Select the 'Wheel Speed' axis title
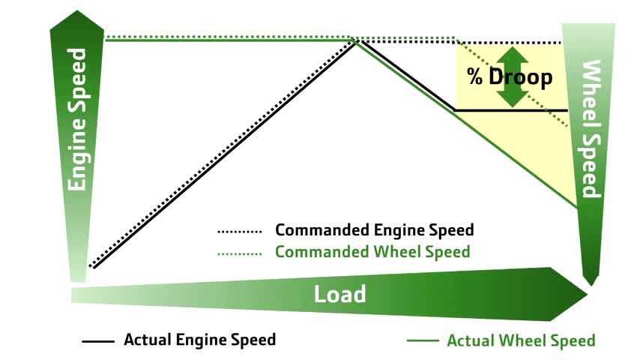pos(591,128)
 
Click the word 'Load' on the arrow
pos(339,293)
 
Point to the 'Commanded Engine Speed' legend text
pos(375,229)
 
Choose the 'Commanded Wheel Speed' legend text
pos(372,251)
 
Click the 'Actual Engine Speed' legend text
pos(199,340)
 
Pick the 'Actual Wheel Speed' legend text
pos(521,340)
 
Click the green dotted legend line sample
pos(239,253)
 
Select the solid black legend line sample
pos(97,341)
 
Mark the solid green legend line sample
pos(422,341)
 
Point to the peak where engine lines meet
pos(357,40)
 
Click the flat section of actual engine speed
pos(510,110)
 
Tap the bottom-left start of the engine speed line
pos(91,266)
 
